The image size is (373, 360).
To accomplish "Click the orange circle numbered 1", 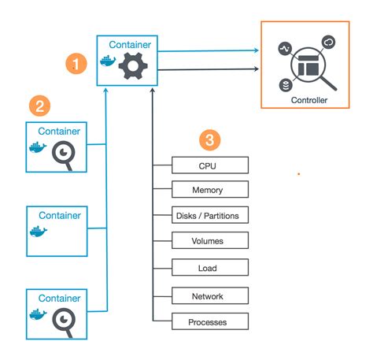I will pyautogui.click(x=76, y=63).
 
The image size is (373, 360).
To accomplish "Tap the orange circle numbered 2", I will pyautogui.click(x=39, y=104).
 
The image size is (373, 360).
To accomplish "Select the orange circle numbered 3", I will pyautogui.click(x=208, y=140).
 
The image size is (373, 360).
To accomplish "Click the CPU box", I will pyautogui.click(x=210, y=165).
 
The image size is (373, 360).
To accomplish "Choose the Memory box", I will pyautogui.click(x=210, y=190).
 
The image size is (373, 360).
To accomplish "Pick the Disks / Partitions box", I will pyautogui.click(x=210, y=215).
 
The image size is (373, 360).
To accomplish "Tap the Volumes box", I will pyautogui.click(x=210, y=241).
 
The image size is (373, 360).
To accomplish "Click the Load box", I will pyautogui.click(x=210, y=268).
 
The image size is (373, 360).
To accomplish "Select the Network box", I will pyautogui.click(x=210, y=296).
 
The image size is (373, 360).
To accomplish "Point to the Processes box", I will pyautogui.click(x=210, y=322).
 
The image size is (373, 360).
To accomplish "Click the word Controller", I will pyautogui.click(x=308, y=101).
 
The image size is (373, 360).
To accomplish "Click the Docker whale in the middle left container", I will pyautogui.click(x=37, y=232).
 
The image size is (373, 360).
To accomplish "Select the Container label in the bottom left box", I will pyautogui.click(x=60, y=299).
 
